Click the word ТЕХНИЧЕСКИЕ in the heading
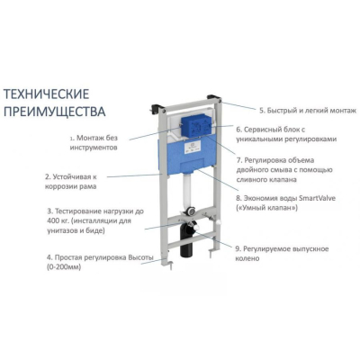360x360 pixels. pyautogui.click(x=46, y=94)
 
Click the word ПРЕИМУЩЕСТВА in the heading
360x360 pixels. pyautogui.click(x=54, y=112)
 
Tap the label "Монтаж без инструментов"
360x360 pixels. pyautogui.click(x=94, y=143)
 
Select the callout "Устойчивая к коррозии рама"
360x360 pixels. pyautogui.click(x=71, y=182)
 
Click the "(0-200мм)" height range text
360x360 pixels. pyautogui.click(x=64, y=267)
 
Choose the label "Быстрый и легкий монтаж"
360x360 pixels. pyautogui.click(x=308, y=111)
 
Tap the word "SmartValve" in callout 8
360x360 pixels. pyautogui.click(x=317, y=198)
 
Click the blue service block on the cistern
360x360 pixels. pyautogui.click(x=196, y=127)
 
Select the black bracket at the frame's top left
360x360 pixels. pyautogui.click(x=157, y=108)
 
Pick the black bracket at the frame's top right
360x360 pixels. pyautogui.click(x=215, y=98)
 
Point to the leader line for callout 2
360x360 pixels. pyautogui.click(x=135, y=175)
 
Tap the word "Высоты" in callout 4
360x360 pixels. pyautogui.click(x=140, y=257)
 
